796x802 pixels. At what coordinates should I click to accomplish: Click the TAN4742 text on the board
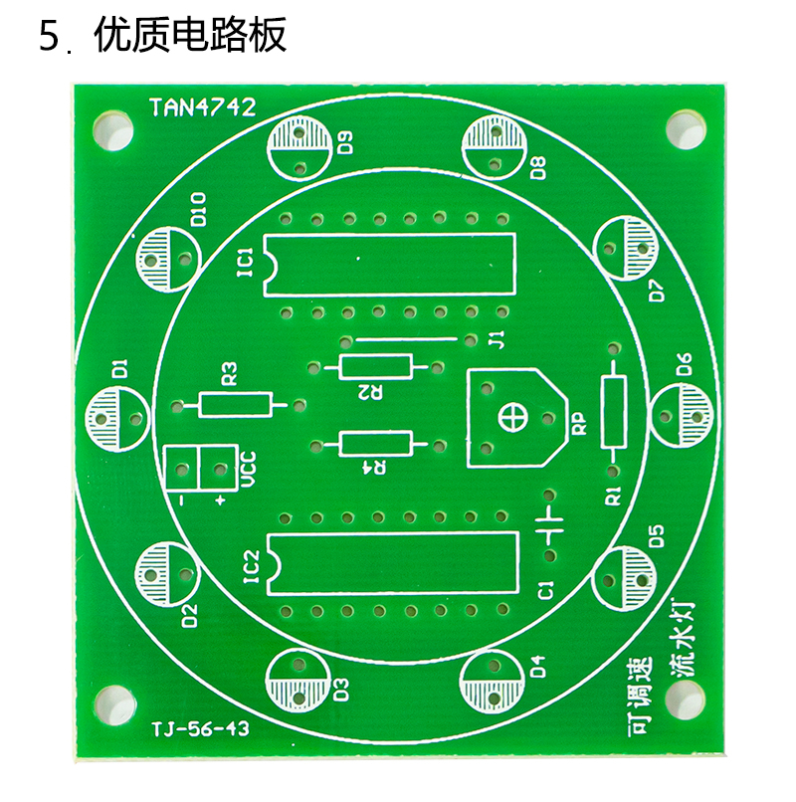[x=202, y=107]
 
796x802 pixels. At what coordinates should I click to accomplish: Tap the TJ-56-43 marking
[x=200, y=727]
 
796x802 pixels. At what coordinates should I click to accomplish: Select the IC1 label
[x=246, y=262]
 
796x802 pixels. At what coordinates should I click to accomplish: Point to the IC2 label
[x=251, y=566]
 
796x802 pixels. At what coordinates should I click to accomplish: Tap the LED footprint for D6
[x=682, y=416]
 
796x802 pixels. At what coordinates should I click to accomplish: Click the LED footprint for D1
[x=117, y=420]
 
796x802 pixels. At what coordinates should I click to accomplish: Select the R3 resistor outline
[x=235, y=405]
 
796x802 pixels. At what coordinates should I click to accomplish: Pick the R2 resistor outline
[x=375, y=366]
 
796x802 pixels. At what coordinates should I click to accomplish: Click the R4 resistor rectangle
[x=375, y=444]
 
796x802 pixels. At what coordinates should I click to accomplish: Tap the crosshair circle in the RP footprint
[x=512, y=418]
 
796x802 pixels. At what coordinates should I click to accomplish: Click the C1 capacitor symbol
[x=549, y=525]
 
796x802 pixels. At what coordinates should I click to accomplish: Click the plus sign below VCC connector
[x=220, y=501]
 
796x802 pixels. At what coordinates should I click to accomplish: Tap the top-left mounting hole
[x=112, y=131]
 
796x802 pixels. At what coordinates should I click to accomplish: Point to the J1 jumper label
[x=497, y=339]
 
